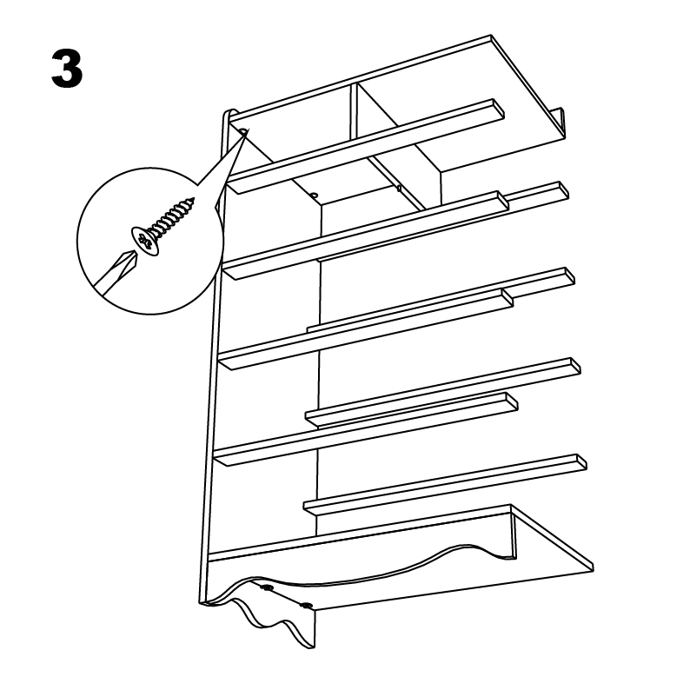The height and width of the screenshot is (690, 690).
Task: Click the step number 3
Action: [67, 69]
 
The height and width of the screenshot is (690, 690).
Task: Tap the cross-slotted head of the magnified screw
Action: [144, 241]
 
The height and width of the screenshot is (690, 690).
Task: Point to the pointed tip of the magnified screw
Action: [192, 200]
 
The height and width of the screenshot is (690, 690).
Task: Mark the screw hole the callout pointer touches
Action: [244, 131]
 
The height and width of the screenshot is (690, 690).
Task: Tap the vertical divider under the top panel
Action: [354, 110]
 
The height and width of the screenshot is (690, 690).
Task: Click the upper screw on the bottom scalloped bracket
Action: [267, 587]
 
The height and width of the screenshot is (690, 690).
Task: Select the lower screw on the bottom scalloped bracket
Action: [306, 606]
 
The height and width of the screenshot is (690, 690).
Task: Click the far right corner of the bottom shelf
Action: [593, 568]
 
